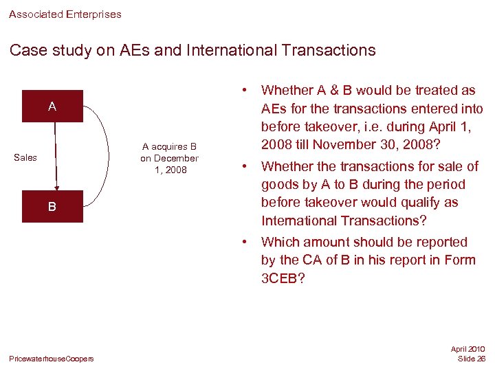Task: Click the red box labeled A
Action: point(52,106)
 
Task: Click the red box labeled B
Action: point(52,206)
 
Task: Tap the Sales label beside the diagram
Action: point(25,157)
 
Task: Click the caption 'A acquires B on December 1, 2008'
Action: point(169,157)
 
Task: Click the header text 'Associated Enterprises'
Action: point(65,14)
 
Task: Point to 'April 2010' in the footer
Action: point(467,349)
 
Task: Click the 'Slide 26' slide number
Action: point(472,359)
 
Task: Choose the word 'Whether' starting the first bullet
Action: point(287,90)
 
